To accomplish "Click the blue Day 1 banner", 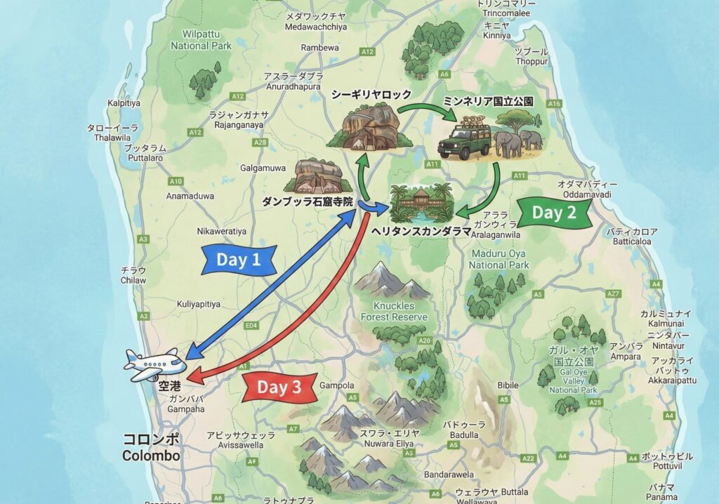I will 238,260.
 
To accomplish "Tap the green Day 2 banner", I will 554,213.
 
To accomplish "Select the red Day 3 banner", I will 278,387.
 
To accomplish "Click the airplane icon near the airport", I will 155,364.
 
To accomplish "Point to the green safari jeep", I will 463,141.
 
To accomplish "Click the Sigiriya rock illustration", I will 369,127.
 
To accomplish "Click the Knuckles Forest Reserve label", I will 394,312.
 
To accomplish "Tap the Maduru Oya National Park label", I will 499,259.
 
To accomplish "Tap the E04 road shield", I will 253,326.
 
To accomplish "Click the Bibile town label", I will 508,385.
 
